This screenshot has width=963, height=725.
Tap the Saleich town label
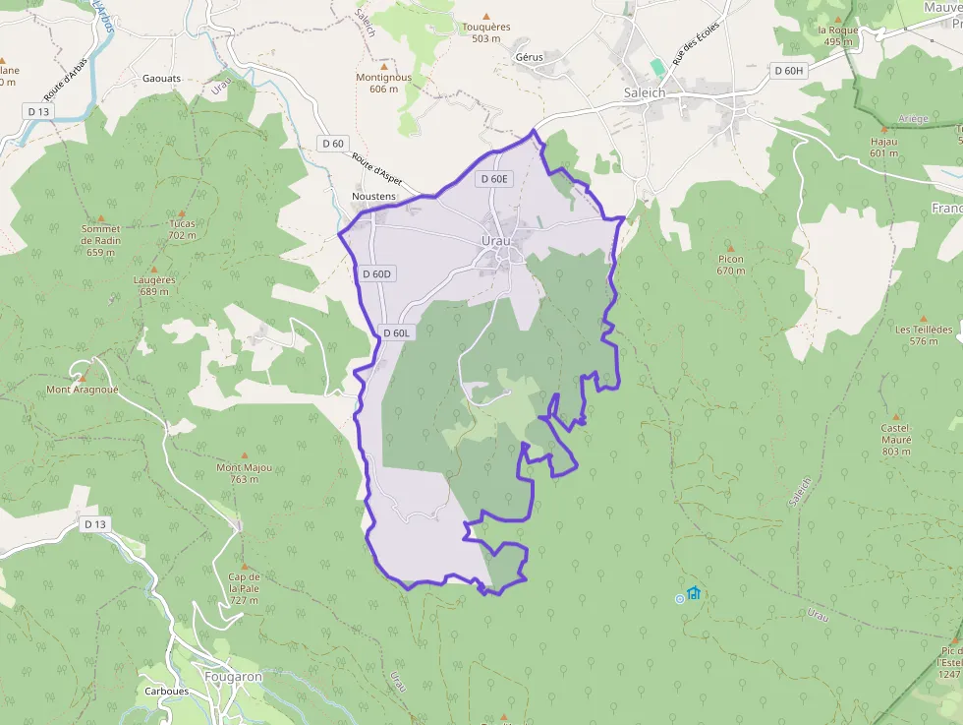(645, 92)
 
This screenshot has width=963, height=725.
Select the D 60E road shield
(493, 179)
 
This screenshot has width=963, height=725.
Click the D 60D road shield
(376, 273)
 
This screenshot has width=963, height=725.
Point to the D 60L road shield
(398, 332)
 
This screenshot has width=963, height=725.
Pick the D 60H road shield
(788, 71)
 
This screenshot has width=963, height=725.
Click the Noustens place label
(373, 197)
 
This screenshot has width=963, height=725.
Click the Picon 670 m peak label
(730, 265)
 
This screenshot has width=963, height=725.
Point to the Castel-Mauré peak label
(896, 439)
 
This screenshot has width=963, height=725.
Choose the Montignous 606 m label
(383, 83)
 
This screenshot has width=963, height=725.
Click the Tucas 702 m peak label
(182, 229)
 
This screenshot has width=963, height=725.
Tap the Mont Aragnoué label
(83, 390)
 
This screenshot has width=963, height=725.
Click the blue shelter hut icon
(694, 592)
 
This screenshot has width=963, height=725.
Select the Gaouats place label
(162, 78)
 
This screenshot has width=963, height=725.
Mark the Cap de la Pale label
(244, 587)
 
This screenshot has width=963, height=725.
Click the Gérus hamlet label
(529, 57)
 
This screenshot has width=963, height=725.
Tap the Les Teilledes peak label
(924, 334)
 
